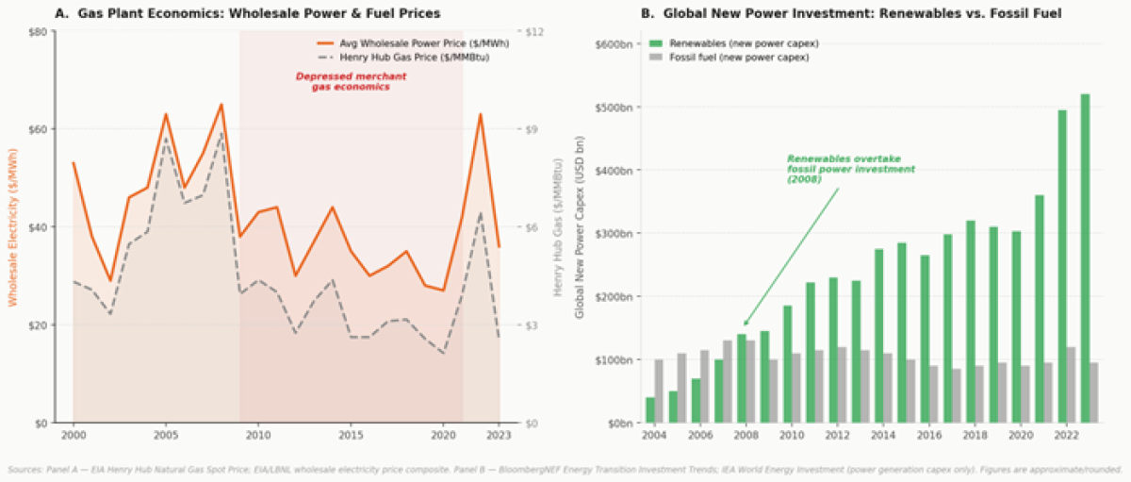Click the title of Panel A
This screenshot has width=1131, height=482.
[247, 13]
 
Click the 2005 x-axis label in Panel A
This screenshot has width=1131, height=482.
[166, 436]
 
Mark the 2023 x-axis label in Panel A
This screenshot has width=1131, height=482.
[500, 436]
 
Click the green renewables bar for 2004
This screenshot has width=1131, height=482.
[650, 410]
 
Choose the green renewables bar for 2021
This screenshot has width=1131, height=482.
[1039, 308]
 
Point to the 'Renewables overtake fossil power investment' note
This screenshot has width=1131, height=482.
[850, 169]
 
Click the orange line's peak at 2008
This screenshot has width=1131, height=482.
[221, 105]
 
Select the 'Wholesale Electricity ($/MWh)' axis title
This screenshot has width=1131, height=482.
[12, 226]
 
